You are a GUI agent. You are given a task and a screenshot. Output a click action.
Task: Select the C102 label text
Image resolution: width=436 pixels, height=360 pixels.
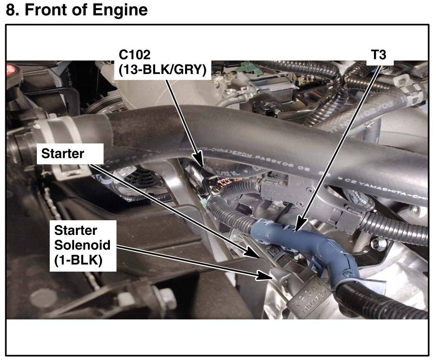(x=134, y=54)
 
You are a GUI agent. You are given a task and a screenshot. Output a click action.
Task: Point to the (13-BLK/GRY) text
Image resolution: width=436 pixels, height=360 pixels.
(x=163, y=71)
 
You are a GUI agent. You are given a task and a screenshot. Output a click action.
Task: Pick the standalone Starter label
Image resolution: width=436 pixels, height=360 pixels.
(x=62, y=153)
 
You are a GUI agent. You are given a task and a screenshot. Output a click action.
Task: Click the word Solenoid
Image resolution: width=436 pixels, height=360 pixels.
(x=82, y=245)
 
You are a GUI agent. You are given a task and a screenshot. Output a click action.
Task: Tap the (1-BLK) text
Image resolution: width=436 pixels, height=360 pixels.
(x=78, y=260)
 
